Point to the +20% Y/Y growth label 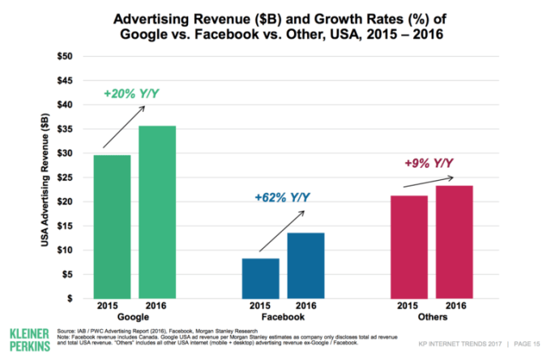pos(131,94)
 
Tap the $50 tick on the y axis pos(62,56)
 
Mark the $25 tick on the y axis pos(62,177)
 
